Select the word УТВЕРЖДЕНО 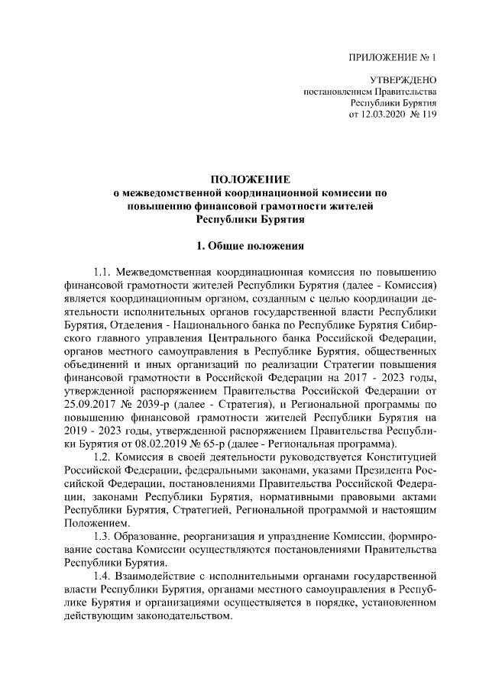click(403, 79)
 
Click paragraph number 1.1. click(102, 273)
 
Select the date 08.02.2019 click(167, 444)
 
